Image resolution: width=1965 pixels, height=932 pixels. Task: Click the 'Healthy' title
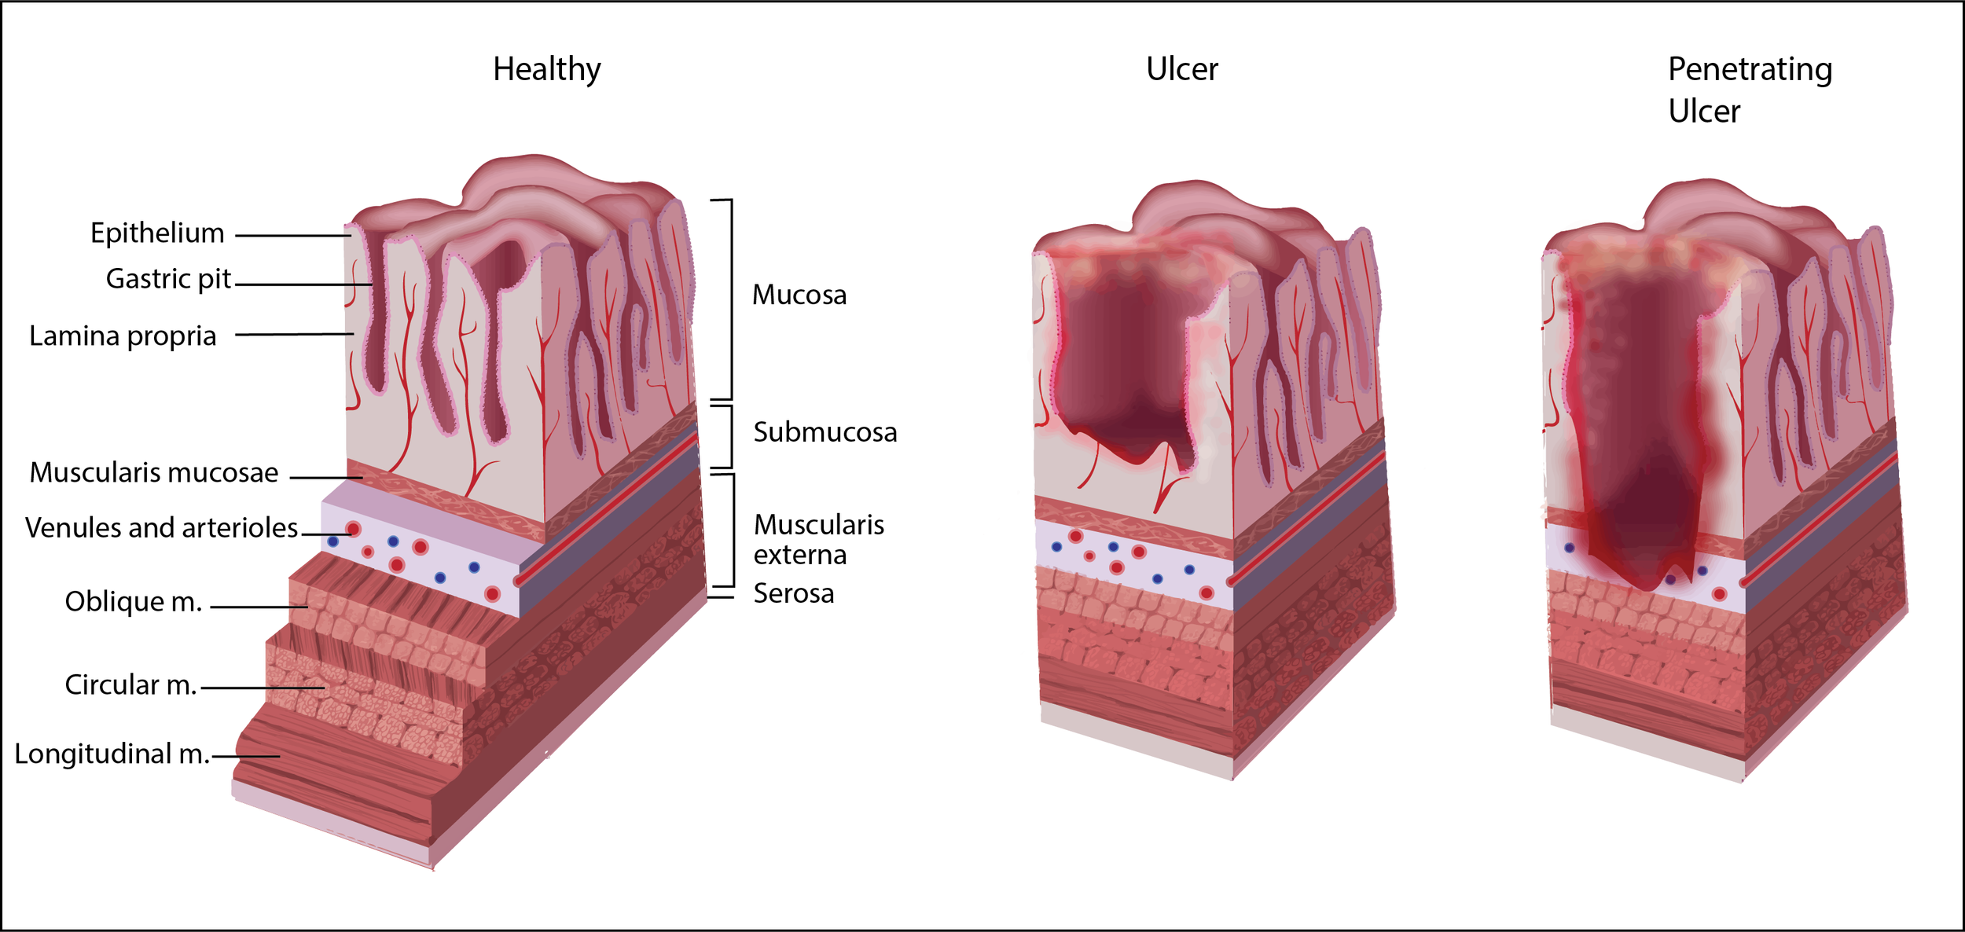546,69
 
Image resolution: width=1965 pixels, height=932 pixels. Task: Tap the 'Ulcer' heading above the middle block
1181,69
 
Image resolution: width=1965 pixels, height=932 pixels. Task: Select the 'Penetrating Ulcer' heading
1750,90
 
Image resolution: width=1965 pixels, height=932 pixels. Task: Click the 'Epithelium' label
157,233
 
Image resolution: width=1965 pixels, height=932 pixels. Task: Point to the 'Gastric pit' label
168,279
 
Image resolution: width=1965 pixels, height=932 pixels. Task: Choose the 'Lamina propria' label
123,336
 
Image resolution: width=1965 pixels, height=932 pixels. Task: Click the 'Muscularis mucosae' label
154,473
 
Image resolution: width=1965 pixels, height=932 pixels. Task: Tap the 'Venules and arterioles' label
161,528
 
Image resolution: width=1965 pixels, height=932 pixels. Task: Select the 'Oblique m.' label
133,602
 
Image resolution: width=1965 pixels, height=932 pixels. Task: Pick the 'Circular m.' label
130,685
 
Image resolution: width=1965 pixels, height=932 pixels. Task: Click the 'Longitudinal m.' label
112,754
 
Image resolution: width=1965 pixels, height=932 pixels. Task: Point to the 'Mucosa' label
799,295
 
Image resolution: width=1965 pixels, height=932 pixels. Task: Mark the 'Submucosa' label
825,432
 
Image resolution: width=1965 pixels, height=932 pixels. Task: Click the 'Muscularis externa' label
818,540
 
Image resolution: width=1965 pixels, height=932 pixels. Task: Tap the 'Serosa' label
793,594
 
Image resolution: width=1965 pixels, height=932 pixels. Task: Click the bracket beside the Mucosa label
731,299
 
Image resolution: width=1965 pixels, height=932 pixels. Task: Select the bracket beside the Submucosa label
731,436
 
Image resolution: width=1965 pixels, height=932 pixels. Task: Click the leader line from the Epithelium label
292,235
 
